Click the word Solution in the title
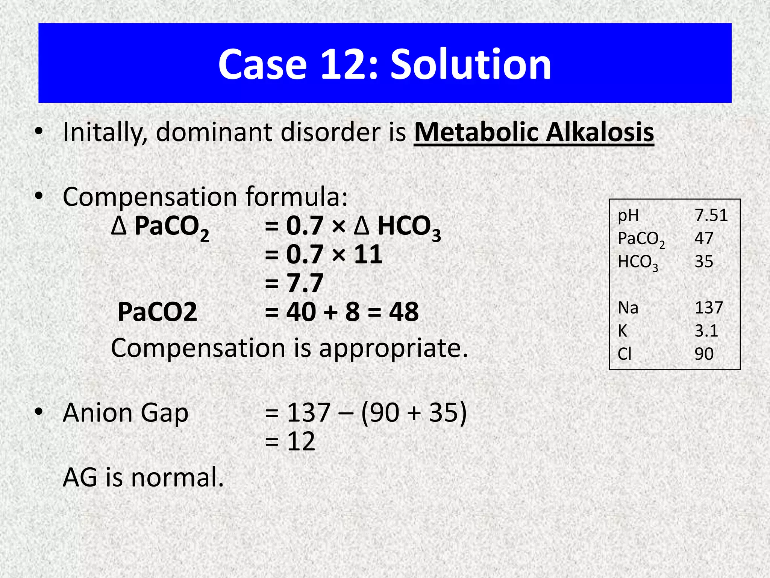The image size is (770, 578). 471,65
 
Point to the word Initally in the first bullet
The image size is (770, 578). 105,133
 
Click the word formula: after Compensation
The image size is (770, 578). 297,197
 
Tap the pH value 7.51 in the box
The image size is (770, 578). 711,215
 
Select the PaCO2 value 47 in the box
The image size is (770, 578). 704,238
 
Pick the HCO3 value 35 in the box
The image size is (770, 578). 704,262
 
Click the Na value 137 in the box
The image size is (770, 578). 709,308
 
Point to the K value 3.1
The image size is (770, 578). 706,331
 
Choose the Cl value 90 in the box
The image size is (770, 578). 704,354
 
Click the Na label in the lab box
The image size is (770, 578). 628,308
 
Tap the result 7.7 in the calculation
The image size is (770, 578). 305,283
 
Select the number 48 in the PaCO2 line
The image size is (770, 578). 403,312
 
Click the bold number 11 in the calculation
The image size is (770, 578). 368,254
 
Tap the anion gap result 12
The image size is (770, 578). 301,441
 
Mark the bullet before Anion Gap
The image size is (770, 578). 38,412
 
